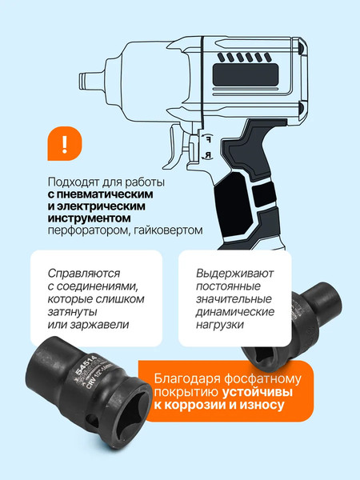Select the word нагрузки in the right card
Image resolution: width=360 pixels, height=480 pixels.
click(220, 324)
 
